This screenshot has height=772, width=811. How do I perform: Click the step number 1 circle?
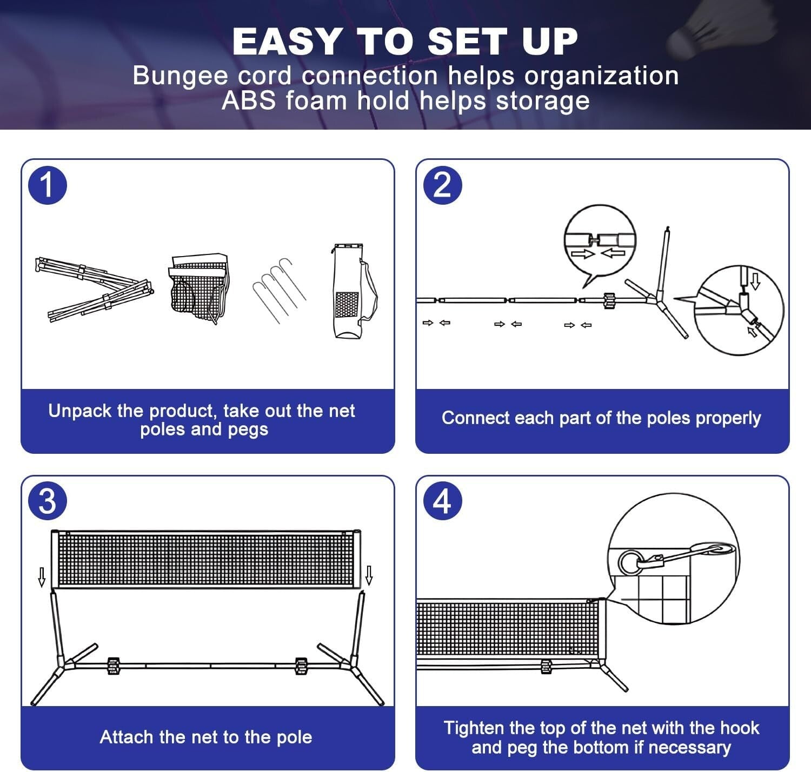pyautogui.click(x=48, y=185)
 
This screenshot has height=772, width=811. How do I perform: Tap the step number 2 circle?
pyautogui.click(x=442, y=185)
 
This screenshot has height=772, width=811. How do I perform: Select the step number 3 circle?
pyautogui.click(x=48, y=501)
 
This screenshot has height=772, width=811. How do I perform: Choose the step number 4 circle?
pyautogui.click(x=442, y=501)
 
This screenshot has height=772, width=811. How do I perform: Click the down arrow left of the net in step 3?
pyautogui.click(x=42, y=576)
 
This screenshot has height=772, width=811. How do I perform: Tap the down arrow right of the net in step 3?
pyautogui.click(x=369, y=575)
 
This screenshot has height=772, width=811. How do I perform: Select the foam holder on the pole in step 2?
pyautogui.click(x=609, y=300)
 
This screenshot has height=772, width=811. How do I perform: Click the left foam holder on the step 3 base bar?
pyautogui.click(x=114, y=666)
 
